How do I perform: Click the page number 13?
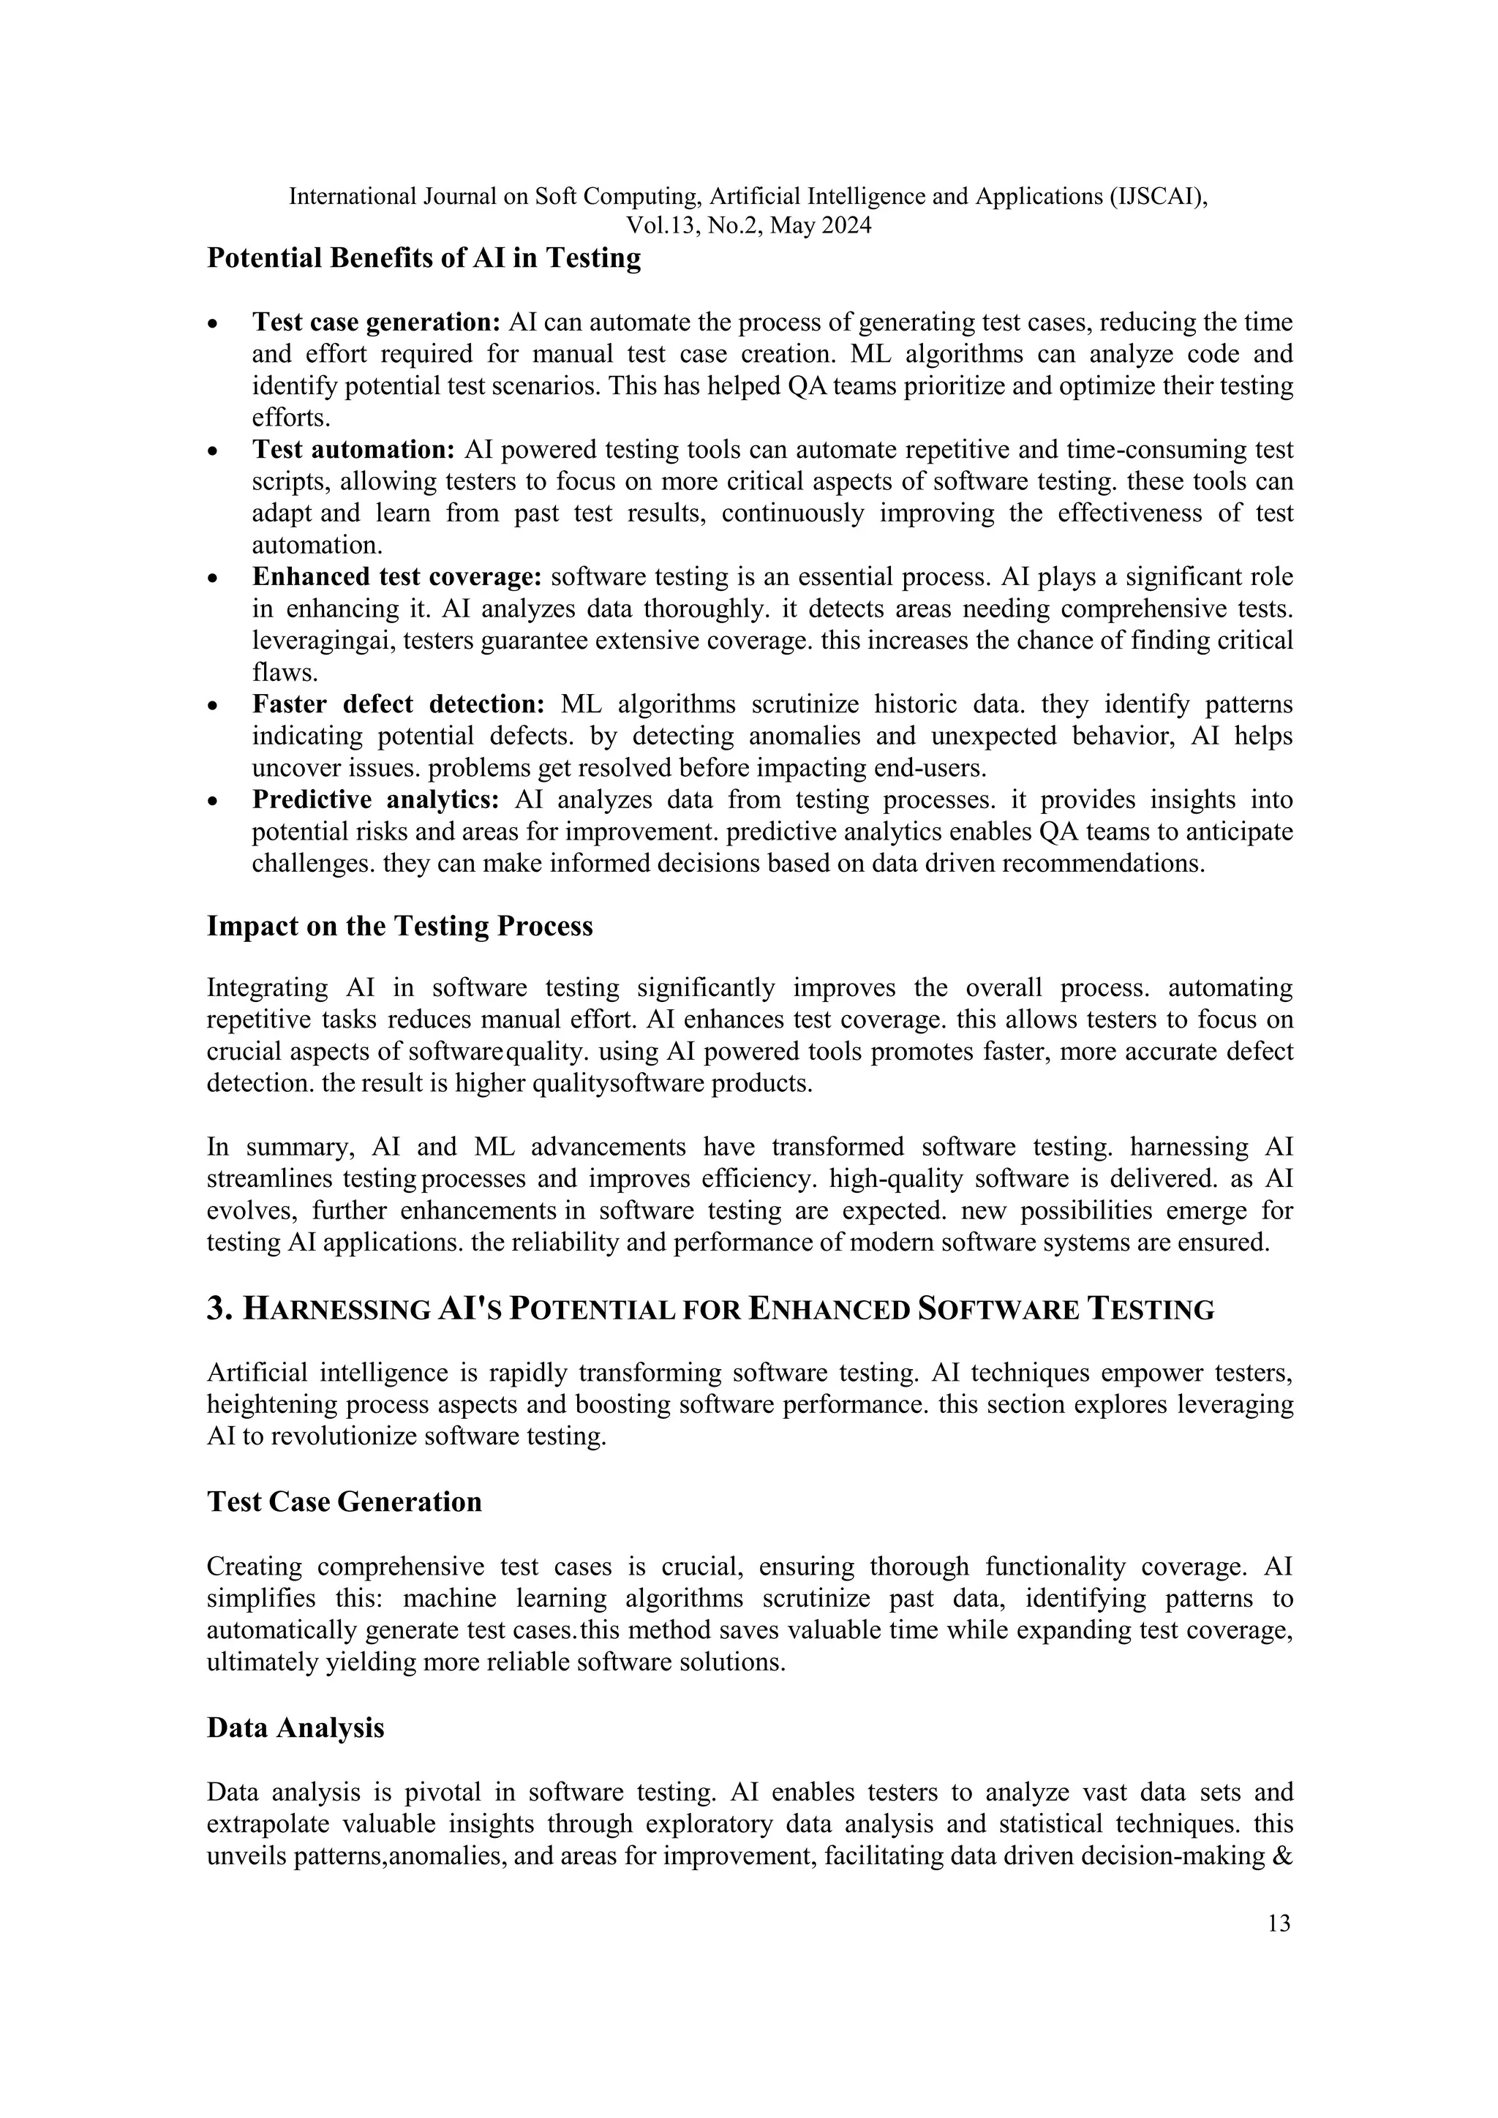point(1279,1923)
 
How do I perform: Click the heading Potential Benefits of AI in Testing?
point(424,258)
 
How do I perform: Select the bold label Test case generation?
point(375,323)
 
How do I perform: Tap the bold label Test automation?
point(353,451)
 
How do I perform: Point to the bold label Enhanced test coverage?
point(396,578)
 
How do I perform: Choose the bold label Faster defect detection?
point(399,705)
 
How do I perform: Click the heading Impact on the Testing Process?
point(399,926)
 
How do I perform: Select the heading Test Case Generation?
point(344,1501)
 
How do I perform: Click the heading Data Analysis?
point(296,1727)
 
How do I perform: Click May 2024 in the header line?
point(820,226)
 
